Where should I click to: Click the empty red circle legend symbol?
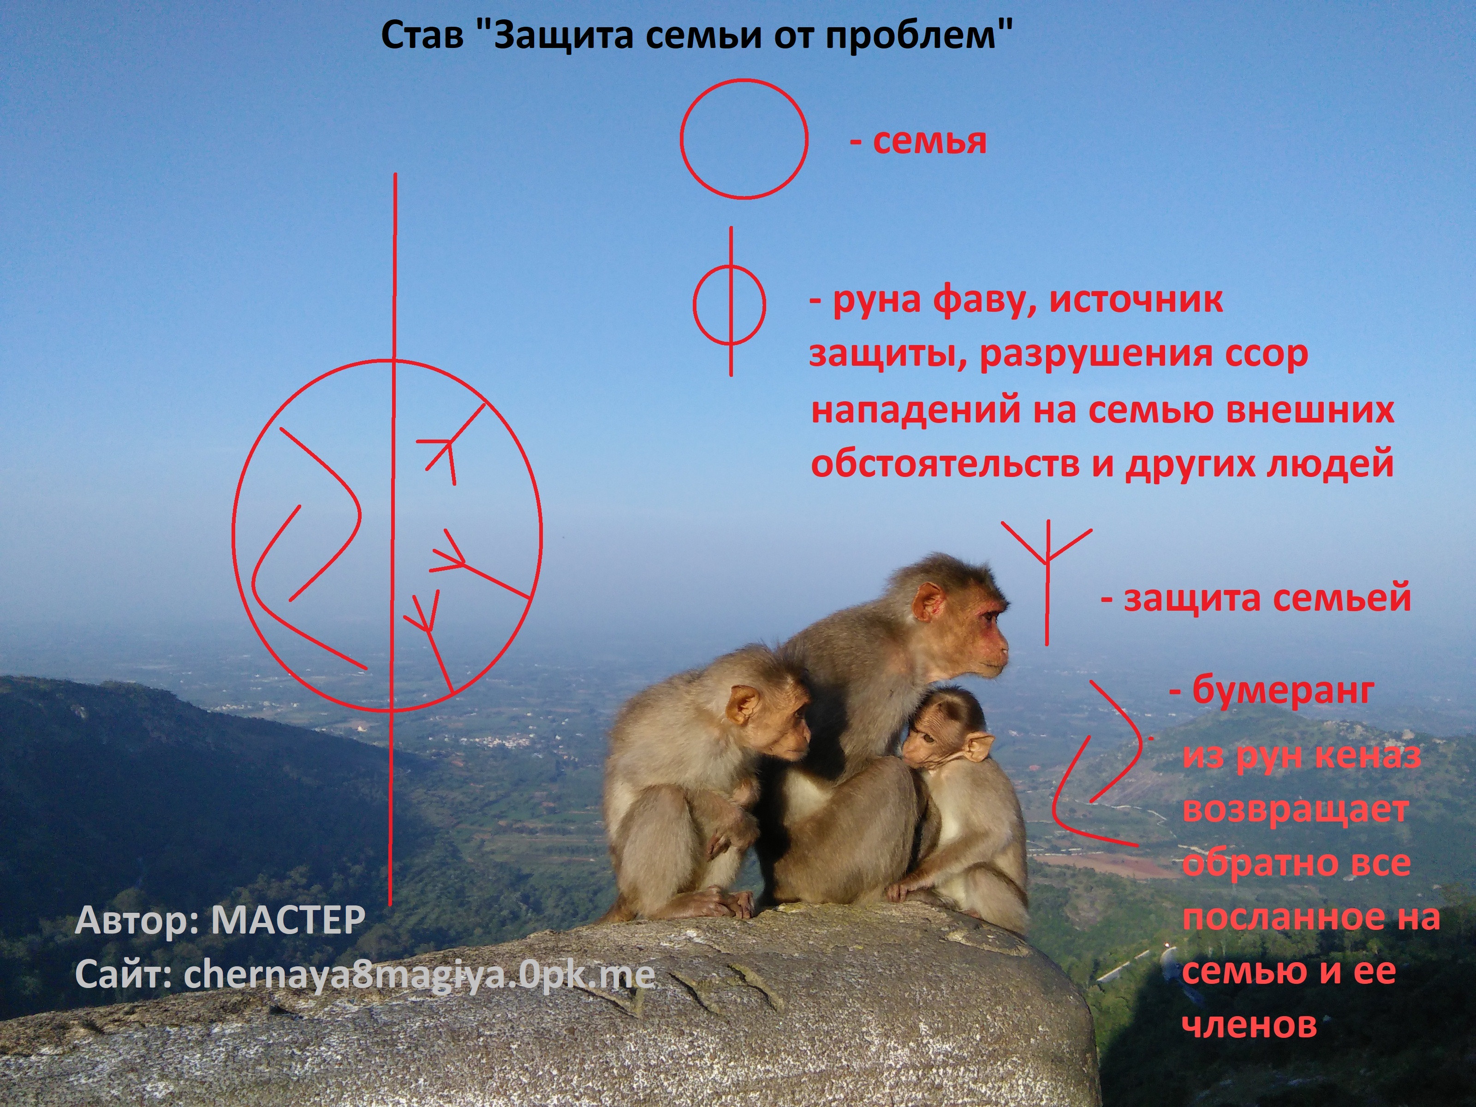click(744, 139)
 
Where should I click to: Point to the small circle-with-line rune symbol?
click(730, 302)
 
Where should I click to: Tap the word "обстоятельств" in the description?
click(946, 463)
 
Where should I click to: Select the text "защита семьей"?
click(1256, 598)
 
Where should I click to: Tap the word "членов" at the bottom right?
click(1250, 1024)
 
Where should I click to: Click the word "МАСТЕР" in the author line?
click(288, 920)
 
